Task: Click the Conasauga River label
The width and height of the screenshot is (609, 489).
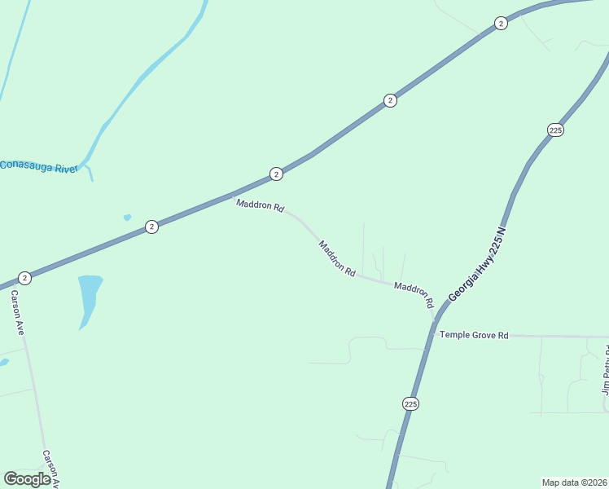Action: tap(38, 167)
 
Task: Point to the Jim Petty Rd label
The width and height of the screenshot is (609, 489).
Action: tap(605, 371)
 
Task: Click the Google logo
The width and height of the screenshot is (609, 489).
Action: tap(27, 478)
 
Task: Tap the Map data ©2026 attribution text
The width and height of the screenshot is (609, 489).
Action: tap(574, 482)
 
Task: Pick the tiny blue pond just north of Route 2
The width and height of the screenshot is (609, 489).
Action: tap(127, 218)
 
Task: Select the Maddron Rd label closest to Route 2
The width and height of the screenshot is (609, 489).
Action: tap(260, 205)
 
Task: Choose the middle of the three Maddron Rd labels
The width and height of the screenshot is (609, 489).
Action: tap(336, 258)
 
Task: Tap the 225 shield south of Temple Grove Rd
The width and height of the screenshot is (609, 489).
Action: tap(410, 403)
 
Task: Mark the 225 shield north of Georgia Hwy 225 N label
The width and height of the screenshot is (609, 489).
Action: tap(555, 130)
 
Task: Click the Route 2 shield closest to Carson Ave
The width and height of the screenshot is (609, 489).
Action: tap(24, 278)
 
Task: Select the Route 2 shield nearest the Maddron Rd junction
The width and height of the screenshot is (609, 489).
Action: tap(276, 174)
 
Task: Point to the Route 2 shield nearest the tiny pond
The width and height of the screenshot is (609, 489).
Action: tap(151, 227)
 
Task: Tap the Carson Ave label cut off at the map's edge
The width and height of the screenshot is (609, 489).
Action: tap(51, 468)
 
